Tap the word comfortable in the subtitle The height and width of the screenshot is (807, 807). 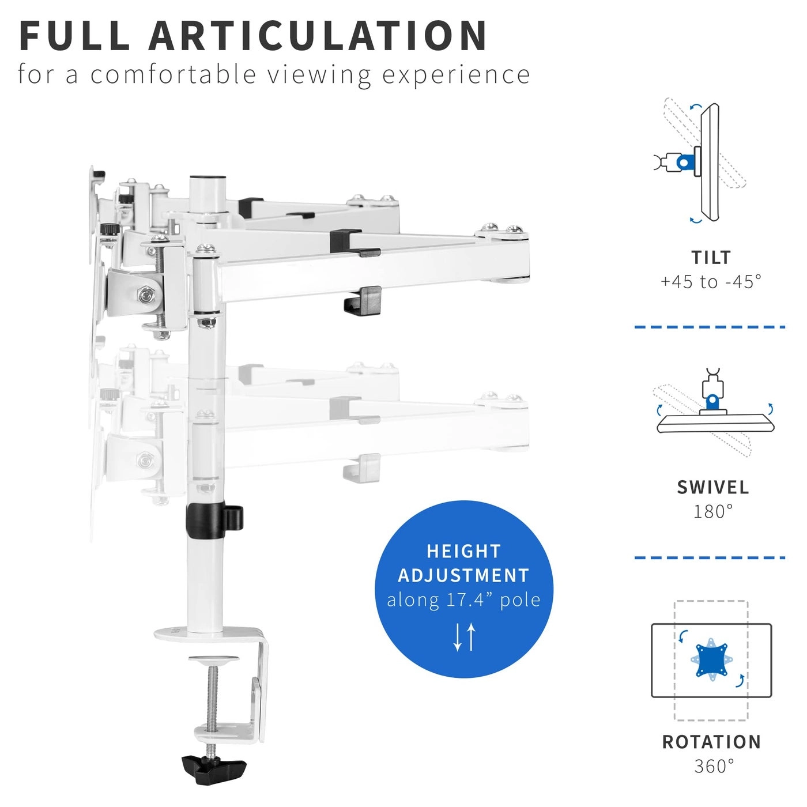pyautogui.click(x=173, y=75)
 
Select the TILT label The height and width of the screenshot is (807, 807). pyautogui.click(x=711, y=257)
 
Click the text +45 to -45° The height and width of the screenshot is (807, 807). pyautogui.click(x=711, y=282)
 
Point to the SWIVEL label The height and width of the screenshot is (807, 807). pyautogui.click(x=713, y=487)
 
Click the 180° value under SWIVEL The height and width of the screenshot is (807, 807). pyautogui.click(x=713, y=511)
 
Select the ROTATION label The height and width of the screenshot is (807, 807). pyautogui.click(x=711, y=742)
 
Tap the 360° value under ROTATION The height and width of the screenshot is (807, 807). pyautogui.click(x=714, y=767)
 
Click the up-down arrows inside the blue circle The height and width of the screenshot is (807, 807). pyautogui.click(x=464, y=637)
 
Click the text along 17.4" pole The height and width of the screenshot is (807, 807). pyautogui.click(x=463, y=600)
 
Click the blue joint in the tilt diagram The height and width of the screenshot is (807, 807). pyautogui.click(x=684, y=163)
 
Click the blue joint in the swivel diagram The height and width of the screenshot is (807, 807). pyautogui.click(x=712, y=400)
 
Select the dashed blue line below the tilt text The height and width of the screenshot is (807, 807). pyautogui.click(x=710, y=327)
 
